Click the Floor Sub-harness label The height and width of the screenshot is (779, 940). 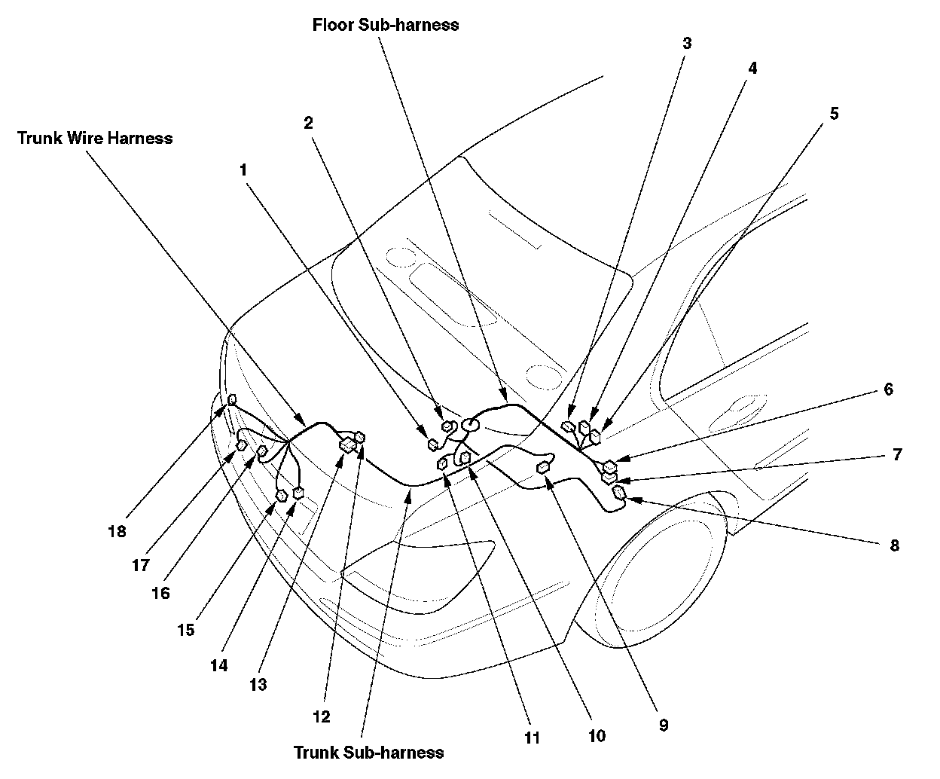click(386, 25)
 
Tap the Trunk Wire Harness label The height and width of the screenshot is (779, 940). click(95, 138)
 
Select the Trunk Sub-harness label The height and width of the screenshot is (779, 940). click(368, 752)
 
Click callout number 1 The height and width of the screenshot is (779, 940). click(243, 170)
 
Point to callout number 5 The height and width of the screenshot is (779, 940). click(834, 114)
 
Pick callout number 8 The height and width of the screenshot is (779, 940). click(894, 545)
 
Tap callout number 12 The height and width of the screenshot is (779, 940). click(322, 716)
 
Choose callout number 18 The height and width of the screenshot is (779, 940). click(117, 531)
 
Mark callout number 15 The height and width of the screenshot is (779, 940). click(186, 630)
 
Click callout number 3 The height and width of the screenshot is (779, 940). click(686, 43)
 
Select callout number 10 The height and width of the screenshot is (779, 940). click(597, 736)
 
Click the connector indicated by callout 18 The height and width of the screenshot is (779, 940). click(232, 399)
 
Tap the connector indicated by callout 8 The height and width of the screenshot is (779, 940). click(619, 493)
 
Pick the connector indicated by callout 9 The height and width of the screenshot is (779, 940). click(542, 469)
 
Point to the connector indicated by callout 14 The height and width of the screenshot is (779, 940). click(298, 493)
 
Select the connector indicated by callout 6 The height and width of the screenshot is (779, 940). click(610, 466)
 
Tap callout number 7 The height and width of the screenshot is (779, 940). click(896, 454)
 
